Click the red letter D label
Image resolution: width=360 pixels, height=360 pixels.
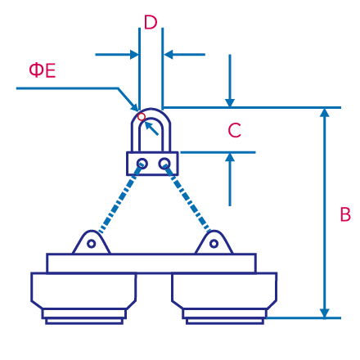click(151, 22)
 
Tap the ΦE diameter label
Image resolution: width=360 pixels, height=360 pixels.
click(43, 70)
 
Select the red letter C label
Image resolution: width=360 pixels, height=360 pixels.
click(234, 130)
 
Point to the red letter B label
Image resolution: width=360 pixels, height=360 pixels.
click(345, 214)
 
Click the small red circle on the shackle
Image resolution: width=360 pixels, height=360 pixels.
click(142, 117)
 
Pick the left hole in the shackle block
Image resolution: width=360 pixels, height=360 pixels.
click(142, 164)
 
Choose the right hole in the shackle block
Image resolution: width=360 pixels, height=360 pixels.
click(164, 164)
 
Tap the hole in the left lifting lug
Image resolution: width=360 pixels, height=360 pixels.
click(92, 244)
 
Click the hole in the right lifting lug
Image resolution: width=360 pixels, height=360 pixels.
click(214, 244)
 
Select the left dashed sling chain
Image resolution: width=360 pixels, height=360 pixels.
click(120, 199)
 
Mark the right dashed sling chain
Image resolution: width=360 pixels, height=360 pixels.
click(187, 198)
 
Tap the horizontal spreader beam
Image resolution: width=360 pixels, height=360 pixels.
click(151, 263)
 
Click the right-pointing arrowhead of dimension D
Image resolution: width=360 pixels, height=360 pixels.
click(134, 55)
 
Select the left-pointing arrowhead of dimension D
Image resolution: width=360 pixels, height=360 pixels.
click(169, 55)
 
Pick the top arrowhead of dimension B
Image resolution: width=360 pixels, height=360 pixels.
click(325, 113)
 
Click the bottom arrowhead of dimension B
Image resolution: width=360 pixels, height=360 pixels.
click(325, 313)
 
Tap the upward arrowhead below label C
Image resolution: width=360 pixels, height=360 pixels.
click(230, 157)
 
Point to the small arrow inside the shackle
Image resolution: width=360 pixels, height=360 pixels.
click(151, 128)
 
